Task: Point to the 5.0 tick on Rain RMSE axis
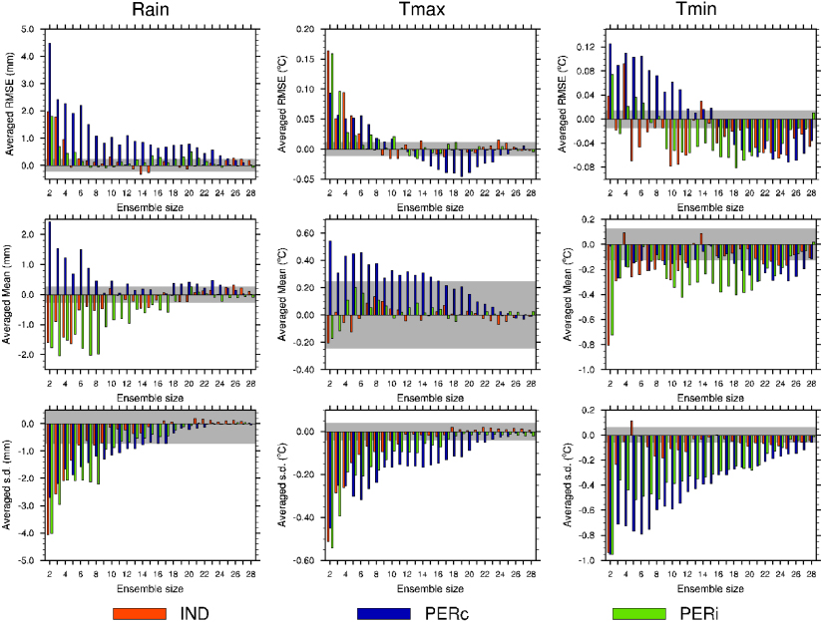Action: click(28, 30)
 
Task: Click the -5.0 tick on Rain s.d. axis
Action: click(26, 560)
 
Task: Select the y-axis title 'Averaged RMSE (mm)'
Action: click(9, 100)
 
